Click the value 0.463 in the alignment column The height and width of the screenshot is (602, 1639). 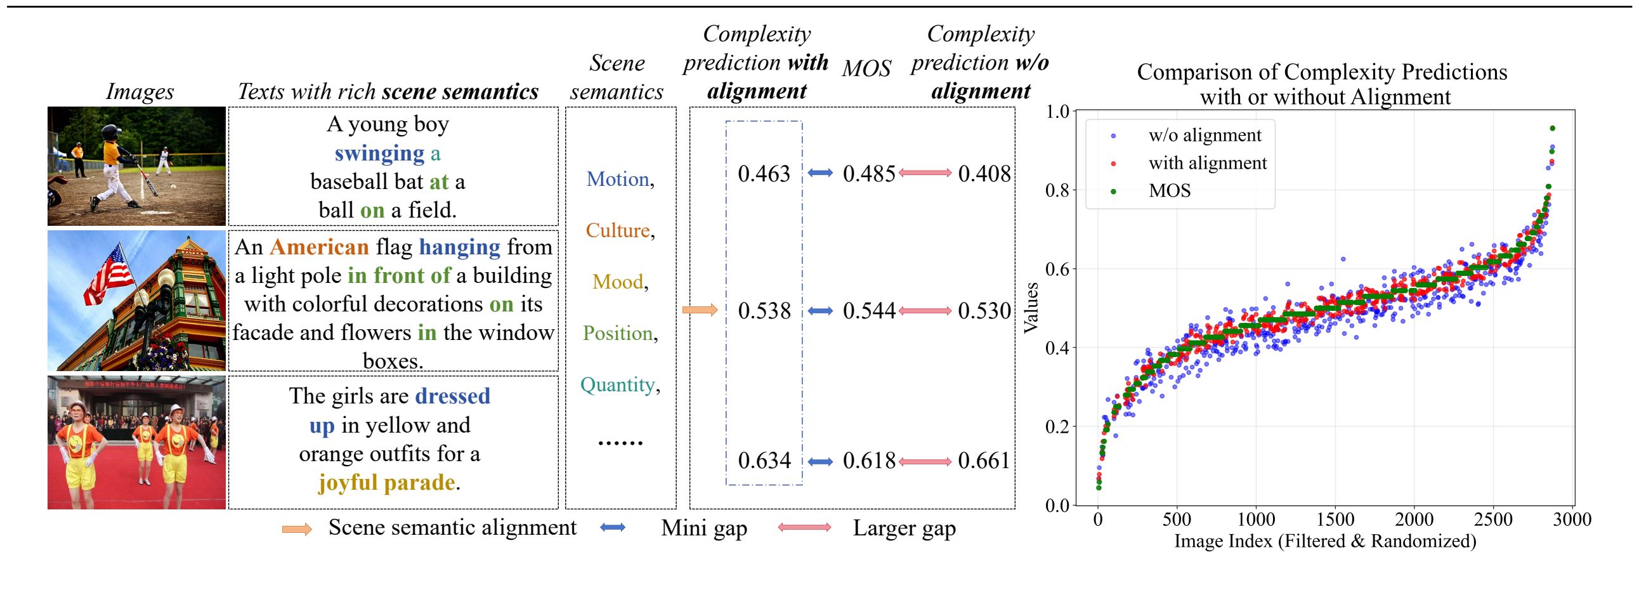pyautogui.click(x=764, y=174)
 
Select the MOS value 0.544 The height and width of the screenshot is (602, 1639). pyautogui.click(x=868, y=311)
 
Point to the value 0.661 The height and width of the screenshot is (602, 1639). pyautogui.click(x=984, y=461)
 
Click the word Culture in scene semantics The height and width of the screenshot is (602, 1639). pyautogui.click(x=617, y=230)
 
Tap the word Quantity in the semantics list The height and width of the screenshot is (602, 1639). pyautogui.click(x=617, y=384)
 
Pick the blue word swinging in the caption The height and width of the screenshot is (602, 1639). pyautogui.click(x=379, y=154)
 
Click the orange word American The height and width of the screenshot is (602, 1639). pyautogui.click(x=320, y=247)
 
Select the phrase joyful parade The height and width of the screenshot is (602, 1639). pyautogui.click(x=387, y=482)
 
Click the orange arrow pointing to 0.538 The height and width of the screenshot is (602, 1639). pyautogui.click(x=700, y=310)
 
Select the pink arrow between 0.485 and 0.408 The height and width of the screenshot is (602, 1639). pyautogui.click(x=925, y=173)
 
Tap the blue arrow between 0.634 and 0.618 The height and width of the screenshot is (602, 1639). pyautogui.click(x=820, y=461)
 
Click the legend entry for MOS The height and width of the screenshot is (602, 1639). pyautogui.click(x=1170, y=191)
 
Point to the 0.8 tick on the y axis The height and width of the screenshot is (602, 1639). pyautogui.click(x=1057, y=190)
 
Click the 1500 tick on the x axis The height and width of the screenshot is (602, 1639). pyautogui.click(x=1335, y=520)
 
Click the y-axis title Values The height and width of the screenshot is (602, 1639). pyautogui.click(x=1031, y=308)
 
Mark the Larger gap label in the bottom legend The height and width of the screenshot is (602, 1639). pyautogui.click(x=903, y=528)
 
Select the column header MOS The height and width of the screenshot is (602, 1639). pyautogui.click(x=866, y=69)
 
